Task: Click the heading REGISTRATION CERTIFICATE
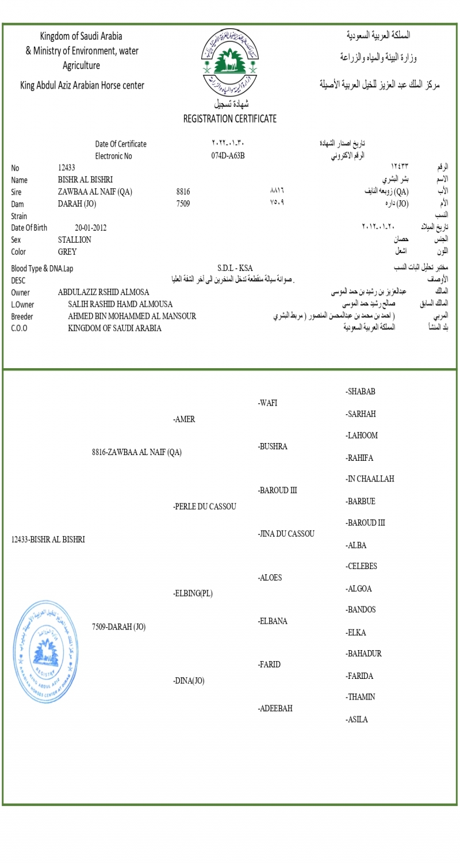(x=229, y=119)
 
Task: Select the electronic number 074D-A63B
(x=228, y=155)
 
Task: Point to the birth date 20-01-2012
(x=90, y=227)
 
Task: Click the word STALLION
(x=74, y=239)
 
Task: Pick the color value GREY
(x=67, y=251)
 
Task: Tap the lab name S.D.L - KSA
(x=235, y=268)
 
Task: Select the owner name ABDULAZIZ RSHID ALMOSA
(x=103, y=292)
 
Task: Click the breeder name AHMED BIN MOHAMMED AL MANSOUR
(x=132, y=316)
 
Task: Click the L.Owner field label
(x=22, y=304)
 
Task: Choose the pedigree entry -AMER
(x=184, y=419)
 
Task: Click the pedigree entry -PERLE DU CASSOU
(x=204, y=507)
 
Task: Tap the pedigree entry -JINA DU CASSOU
(x=286, y=534)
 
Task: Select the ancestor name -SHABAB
(x=361, y=392)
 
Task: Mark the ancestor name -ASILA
(x=356, y=720)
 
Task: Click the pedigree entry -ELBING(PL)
(x=193, y=594)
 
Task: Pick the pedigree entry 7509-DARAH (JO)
(x=118, y=627)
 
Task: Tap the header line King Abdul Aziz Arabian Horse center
(x=82, y=86)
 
